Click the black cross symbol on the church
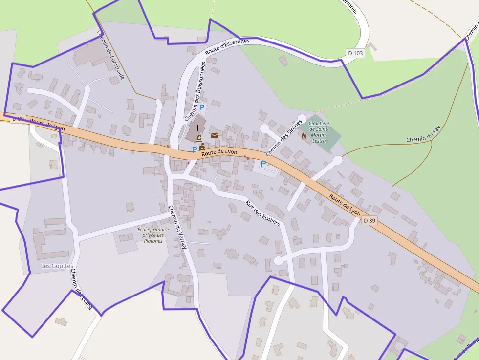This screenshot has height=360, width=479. pyautogui.click(x=198, y=128)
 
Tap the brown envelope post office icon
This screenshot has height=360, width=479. pyautogui.click(x=215, y=135)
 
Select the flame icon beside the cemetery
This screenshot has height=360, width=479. pyautogui.click(x=304, y=136)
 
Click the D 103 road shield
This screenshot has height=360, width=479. pyautogui.click(x=356, y=53)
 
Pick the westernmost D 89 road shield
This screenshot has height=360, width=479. pyautogui.click(x=18, y=119)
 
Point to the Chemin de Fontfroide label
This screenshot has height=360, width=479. pyautogui.click(x=111, y=55)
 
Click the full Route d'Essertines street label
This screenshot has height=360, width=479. pyautogui.click(x=227, y=47)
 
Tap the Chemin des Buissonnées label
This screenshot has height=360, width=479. pyautogui.click(x=196, y=91)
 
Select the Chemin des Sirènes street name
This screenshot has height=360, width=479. pyautogui.click(x=284, y=138)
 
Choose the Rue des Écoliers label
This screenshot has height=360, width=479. pyautogui.click(x=262, y=213)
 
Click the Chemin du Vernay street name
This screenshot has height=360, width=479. pyautogui.click(x=177, y=227)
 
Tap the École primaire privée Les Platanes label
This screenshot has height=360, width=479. pyautogui.click(x=153, y=235)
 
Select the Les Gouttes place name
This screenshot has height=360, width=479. pyautogui.click(x=57, y=266)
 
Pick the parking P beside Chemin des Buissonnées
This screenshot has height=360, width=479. pyautogui.click(x=202, y=107)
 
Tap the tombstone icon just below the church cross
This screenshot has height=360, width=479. pyautogui.click(x=199, y=138)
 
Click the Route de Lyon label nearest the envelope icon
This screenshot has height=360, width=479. pyautogui.click(x=219, y=152)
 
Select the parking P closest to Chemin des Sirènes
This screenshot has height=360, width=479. pyautogui.click(x=263, y=164)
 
